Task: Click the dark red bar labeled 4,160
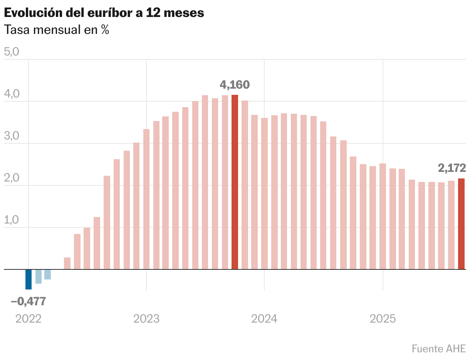(235, 182)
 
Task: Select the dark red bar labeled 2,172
(461, 224)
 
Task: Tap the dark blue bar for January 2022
(29, 279)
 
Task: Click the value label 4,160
(235, 84)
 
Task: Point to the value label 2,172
(452, 168)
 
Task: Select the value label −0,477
(29, 301)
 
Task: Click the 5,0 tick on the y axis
(11, 52)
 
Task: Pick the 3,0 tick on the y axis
(11, 136)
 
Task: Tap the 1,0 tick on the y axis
(11, 220)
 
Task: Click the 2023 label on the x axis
(146, 319)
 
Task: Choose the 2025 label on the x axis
(383, 319)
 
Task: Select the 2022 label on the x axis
(29, 319)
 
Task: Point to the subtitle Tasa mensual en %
(56, 30)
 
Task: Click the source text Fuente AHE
(438, 348)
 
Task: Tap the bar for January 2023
(146, 199)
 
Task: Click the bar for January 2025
(383, 216)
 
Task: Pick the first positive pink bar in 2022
(67, 263)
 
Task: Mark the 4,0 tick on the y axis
(11, 94)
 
